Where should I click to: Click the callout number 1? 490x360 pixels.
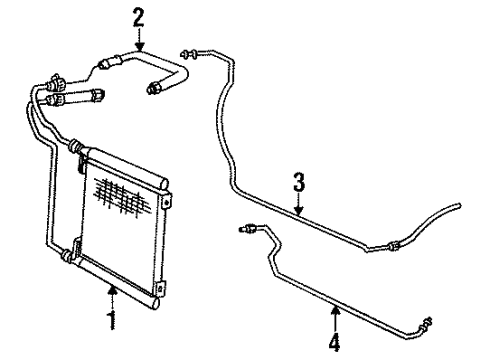tap(112, 321)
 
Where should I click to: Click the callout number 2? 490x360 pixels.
tap(138, 16)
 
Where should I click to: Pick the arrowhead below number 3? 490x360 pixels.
tap(297, 211)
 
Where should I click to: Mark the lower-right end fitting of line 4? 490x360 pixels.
tap(429, 294)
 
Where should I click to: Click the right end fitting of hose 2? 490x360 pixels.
tap(154, 90)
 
